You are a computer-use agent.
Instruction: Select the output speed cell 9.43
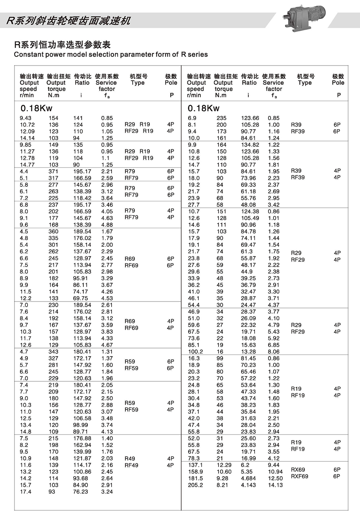26,118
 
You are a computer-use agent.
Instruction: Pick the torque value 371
53,171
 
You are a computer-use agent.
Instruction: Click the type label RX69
298,470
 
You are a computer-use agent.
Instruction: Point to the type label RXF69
299,476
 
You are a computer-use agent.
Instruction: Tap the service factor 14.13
275,485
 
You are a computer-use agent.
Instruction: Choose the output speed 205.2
195,485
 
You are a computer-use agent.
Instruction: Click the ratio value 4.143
248,485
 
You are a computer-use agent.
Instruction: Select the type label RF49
131,465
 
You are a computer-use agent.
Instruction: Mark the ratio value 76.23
81,492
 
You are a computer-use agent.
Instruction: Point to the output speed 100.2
195,352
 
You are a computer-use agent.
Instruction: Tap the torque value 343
53,352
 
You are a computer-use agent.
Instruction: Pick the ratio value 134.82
250,145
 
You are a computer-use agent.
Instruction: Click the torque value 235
221,118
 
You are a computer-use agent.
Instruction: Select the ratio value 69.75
81,298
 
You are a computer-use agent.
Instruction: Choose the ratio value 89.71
81,432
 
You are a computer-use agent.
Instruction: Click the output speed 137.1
195,465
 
